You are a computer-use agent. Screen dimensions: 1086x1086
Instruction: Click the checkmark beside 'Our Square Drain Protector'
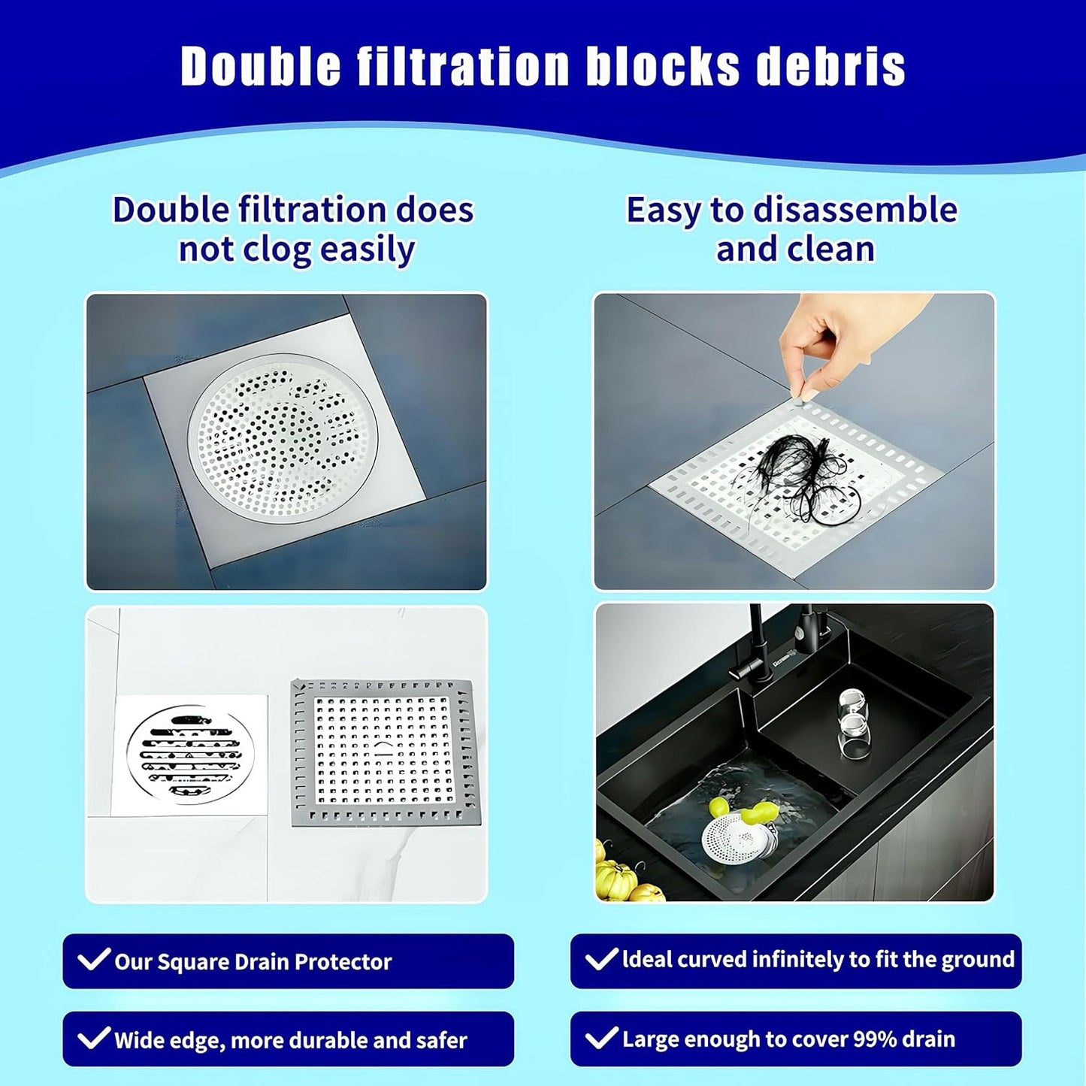(x=94, y=960)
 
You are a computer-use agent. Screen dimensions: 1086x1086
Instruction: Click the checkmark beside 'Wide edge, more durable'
(x=94, y=1039)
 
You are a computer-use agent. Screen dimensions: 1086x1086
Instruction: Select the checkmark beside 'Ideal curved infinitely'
(x=601, y=959)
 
